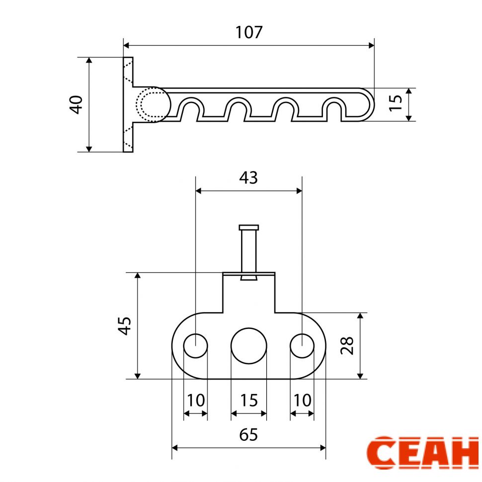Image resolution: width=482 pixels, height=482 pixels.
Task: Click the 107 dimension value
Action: (x=248, y=32)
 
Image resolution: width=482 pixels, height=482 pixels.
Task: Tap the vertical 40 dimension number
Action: (x=76, y=104)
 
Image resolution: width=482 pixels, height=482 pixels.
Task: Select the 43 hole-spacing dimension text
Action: (x=248, y=178)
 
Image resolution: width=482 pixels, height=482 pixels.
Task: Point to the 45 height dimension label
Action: (x=125, y=325)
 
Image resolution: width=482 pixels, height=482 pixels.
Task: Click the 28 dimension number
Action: (x=347, y=346)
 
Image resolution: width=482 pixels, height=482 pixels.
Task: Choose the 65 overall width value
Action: (x=248, y=435)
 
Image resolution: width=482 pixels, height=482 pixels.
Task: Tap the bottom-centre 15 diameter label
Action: (x=248, y=401)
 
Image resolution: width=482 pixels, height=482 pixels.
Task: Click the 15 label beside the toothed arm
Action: (x=396, y=103)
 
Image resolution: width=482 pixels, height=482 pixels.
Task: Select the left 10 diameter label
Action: (x=196, y=401)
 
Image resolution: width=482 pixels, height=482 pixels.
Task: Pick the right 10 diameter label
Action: (x=303, y=401)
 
